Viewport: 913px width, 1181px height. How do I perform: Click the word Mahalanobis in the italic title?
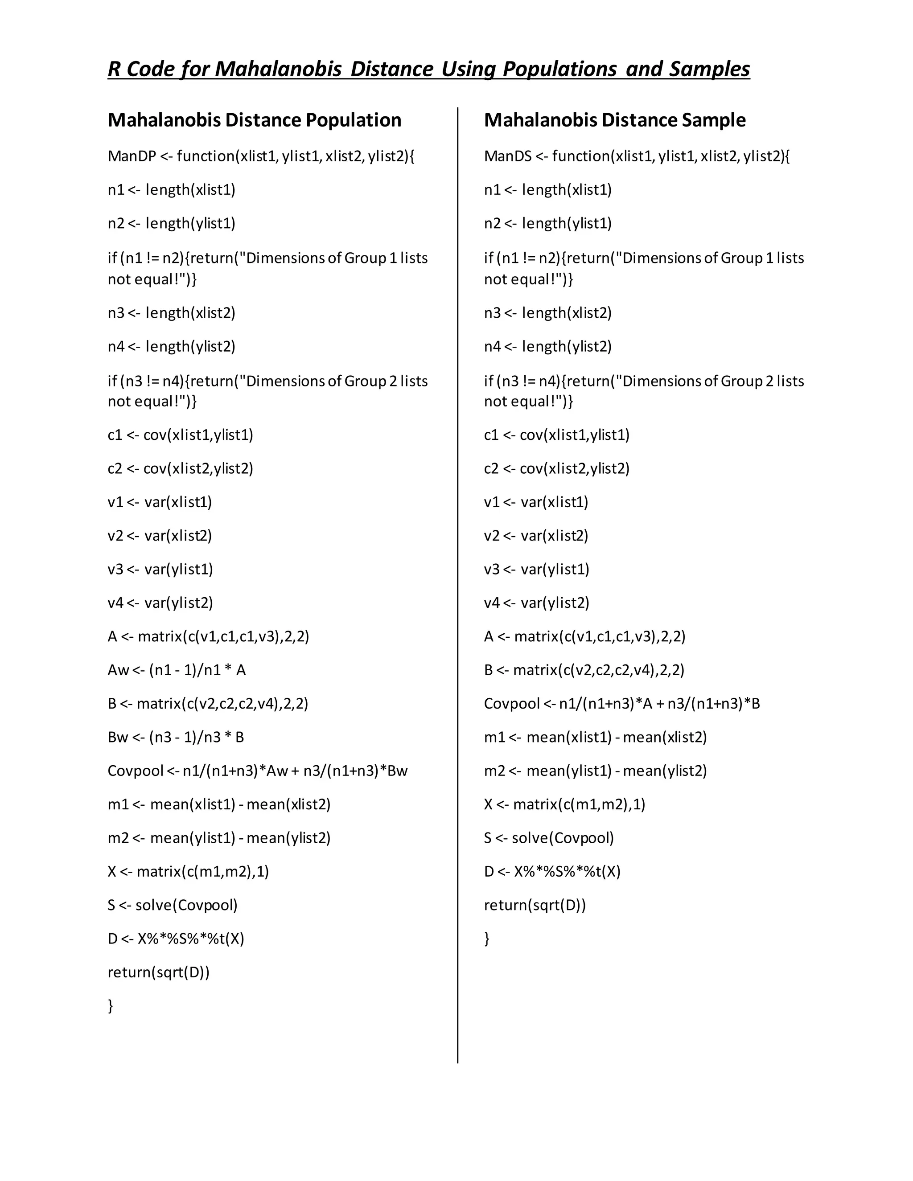279,69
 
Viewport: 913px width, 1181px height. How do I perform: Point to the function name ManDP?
132,156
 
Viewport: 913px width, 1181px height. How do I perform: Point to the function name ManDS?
508,156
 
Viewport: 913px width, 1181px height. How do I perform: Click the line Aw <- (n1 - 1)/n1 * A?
177,670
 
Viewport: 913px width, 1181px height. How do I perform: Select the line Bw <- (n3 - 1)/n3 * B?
176,737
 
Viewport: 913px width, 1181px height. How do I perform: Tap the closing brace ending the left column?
111,1006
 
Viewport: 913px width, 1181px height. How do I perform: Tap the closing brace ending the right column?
487,939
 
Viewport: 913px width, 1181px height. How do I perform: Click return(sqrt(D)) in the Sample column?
535,905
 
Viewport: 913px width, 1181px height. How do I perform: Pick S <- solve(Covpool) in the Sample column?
549,838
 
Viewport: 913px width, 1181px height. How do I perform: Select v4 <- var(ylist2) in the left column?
160,603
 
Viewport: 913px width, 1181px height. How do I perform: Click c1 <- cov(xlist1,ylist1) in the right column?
556,435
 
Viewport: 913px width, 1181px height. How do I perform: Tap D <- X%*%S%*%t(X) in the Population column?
176,939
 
